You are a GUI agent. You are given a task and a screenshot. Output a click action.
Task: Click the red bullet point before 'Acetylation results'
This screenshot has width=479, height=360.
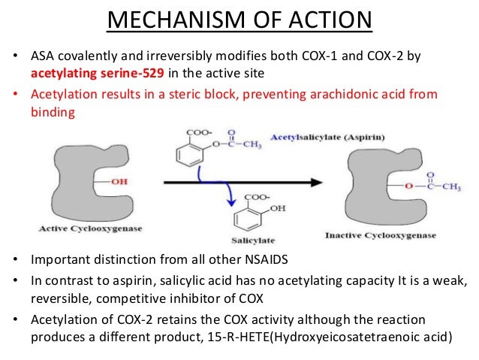[16, 95]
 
